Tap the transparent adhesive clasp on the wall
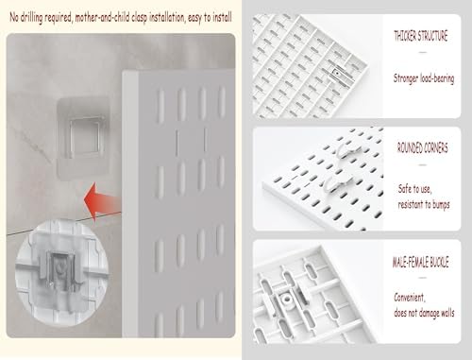point(84,138)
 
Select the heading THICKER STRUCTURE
point(421,36)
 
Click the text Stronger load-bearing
point(424,78)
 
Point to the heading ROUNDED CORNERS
point(422,147)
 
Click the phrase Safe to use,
point(414,189)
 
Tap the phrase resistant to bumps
point(424,204)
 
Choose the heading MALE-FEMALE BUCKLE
point(421,262)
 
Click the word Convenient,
point(410,298)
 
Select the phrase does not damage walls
point(424,313)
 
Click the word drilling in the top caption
point(31,18)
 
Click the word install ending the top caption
point(223,17)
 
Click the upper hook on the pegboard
point(347,149)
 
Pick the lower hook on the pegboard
point(337,183)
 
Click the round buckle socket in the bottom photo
point(286,298)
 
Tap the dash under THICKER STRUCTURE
point(423,52)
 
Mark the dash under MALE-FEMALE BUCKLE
point(423,278)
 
